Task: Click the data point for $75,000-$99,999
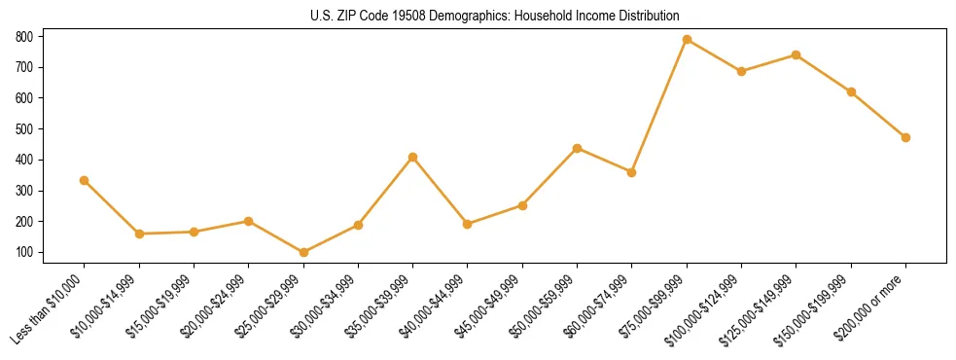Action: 687,39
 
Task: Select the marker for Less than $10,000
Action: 85,180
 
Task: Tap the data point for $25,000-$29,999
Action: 303,252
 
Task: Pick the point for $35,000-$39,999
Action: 413,157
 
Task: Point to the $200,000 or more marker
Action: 905,137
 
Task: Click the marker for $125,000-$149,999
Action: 797,54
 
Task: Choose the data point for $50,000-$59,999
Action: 578,148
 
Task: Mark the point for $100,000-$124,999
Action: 741,71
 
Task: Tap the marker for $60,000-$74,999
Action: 632,172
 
